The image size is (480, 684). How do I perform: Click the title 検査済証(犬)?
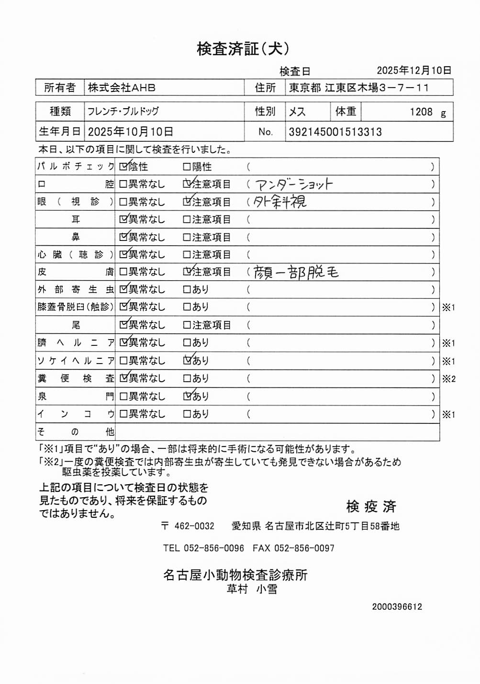pos(243,48)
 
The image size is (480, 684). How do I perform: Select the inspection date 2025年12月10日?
pos(414,70)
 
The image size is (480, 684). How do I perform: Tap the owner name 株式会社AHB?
pos(122,88)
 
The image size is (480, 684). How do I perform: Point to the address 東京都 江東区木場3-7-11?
pos(359,88)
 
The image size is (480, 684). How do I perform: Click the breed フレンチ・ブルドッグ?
pos(123,112)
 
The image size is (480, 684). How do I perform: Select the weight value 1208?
pos(421,112)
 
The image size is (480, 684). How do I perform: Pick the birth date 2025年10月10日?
pos(130,132)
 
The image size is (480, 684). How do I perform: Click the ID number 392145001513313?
pos(335,132)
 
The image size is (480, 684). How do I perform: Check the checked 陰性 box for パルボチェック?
pos(123,167)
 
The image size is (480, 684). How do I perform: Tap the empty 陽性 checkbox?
pos(187,167)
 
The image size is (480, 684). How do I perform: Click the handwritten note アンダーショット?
pos(294,184)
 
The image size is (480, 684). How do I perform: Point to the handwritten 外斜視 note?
pos(280,202)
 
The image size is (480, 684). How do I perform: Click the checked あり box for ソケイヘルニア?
pos(187,360)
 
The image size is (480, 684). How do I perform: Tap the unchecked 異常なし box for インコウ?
pos(123,414)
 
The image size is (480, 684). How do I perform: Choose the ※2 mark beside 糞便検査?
pos(448,379)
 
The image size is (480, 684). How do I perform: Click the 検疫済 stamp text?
pos(371,506)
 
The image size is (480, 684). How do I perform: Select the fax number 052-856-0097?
pos(304,548)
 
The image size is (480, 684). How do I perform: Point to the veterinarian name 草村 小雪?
pos(252,589)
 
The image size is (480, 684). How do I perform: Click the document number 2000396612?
pos(397,606)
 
